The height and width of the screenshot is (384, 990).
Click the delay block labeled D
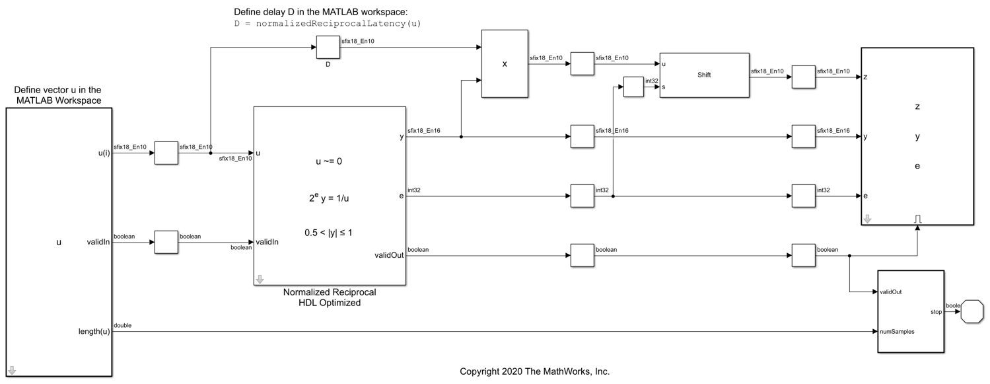click(328, 48)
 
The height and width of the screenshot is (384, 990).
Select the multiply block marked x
click(505, 63)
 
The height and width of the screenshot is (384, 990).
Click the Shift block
click(705, 75)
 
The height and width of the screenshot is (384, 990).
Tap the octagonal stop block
click(972, 311)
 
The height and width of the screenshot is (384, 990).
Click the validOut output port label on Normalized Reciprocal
click(389, 255)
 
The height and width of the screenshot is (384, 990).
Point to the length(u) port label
click(94, 331)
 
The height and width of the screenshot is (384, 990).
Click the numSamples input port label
click(897, 332)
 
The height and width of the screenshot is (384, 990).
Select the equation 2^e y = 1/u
click(329, 198)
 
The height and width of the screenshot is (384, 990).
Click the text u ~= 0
click(329, 161)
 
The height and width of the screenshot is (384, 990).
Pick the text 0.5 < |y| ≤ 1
click(328, 233)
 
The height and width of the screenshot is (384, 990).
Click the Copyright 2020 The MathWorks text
click(535, 371)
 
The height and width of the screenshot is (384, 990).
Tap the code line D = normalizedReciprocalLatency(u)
click(328, 23)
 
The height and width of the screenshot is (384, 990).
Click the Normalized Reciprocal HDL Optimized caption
click(330, 297)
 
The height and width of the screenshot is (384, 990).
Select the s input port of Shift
click(663, 87)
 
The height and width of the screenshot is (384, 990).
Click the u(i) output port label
click(104, 153)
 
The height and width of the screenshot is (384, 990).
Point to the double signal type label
click(123, 326)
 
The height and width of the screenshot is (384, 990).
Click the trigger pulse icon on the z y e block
click(918, 219)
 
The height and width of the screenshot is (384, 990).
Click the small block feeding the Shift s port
click(633, 87)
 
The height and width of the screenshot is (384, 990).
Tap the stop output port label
click(936, 312)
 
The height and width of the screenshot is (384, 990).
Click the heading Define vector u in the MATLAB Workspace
click(58, 95)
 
